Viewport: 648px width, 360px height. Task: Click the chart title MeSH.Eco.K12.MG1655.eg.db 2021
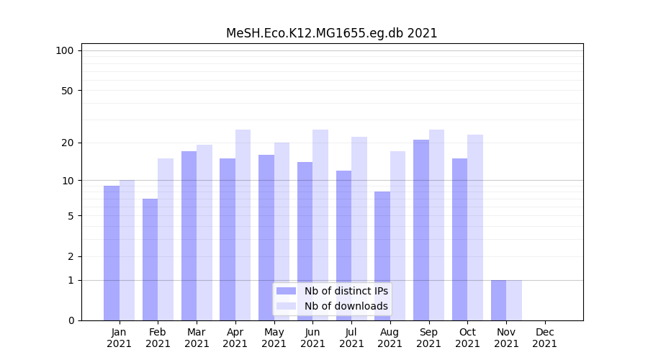point(331,33)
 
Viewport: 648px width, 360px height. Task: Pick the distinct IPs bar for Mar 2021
point(189,235)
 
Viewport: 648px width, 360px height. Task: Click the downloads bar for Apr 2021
point(243,225)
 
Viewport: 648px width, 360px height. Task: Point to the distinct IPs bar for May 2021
point(266,238)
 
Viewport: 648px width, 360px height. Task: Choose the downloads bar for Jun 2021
point(320,225)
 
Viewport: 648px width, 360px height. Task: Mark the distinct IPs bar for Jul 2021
point(343,245)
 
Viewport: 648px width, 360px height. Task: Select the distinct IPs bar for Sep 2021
point(421,230)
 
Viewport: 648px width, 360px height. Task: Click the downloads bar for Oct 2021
point(475,227)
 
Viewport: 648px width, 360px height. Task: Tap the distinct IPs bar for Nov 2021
point(498,300)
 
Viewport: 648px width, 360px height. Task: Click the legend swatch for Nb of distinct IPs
point(286,291)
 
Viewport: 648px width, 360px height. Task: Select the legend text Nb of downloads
point(346,306)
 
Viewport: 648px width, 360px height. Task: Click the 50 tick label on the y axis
point(67,91)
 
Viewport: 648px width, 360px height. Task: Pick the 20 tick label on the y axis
point(67,143)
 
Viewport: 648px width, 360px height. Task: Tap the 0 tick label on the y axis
point(71,320)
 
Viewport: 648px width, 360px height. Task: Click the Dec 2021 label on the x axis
point(545,338)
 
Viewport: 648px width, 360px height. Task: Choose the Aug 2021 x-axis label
point(390,338)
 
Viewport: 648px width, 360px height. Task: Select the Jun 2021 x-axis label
point(312,338)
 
